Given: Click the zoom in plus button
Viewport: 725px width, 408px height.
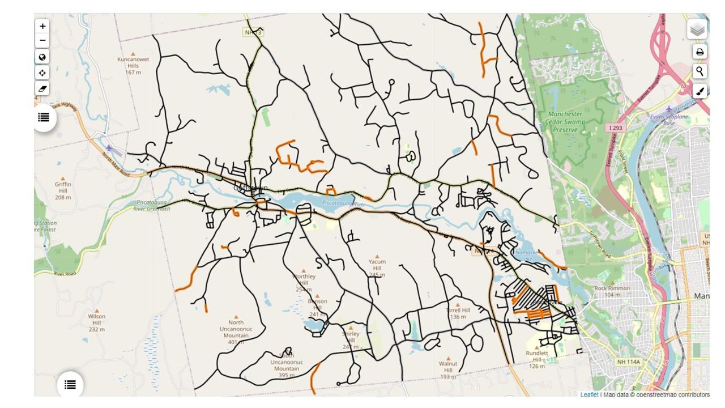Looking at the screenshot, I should (42, 26).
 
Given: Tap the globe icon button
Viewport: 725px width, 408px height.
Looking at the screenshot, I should (42, 57).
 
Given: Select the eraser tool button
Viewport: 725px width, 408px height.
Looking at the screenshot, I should (42, 88).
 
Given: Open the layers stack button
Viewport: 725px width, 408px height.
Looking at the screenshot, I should (697, 29).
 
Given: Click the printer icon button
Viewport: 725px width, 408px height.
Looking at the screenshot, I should (700, 52).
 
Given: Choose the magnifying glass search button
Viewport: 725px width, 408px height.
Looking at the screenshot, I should (700, 71).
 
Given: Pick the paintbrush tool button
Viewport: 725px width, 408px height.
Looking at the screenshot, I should (700, 91).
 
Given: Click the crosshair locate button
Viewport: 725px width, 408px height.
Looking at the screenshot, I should (42, 73).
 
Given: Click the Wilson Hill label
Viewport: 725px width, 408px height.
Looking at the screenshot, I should (97, 322).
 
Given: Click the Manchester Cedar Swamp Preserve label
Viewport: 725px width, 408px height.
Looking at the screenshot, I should (565, 122).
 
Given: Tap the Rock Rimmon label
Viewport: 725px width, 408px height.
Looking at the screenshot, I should (612, 291).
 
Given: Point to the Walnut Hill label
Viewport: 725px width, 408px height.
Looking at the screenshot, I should (448, 370).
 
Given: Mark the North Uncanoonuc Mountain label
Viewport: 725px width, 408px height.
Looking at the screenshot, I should (236, 332).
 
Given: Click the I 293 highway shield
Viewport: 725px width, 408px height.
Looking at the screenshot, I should (615, 128).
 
